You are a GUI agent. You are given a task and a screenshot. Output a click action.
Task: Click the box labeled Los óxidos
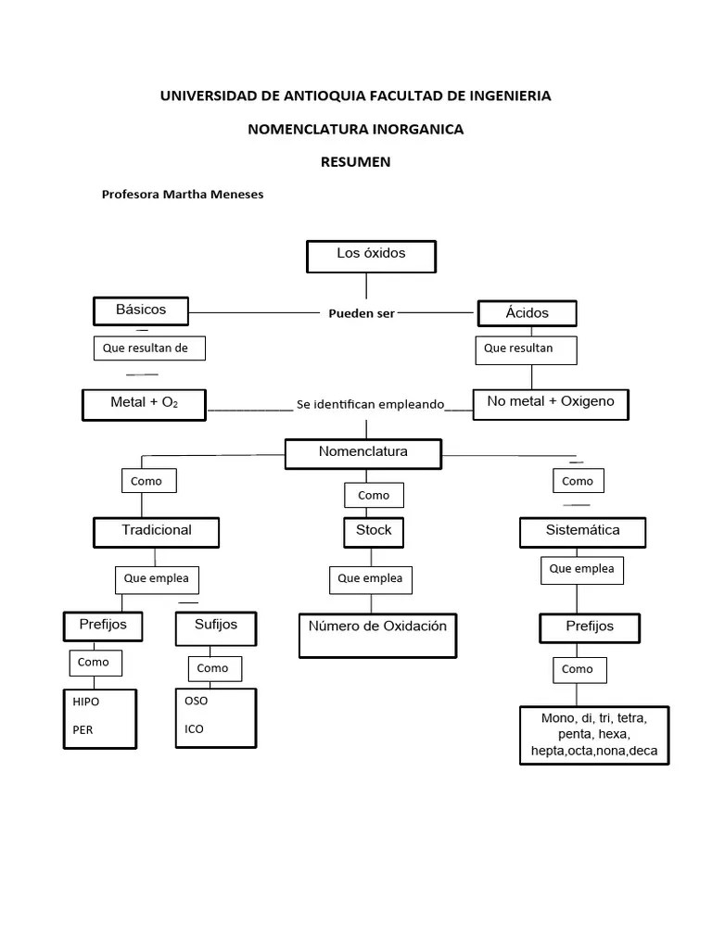[x=371, y=256]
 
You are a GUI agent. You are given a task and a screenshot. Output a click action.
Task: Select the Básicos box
[x=141, y=310]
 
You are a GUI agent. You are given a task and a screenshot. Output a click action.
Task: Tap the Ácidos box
[x=527, y=313]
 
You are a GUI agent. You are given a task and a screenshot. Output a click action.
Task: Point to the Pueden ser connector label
[x=362, y=313]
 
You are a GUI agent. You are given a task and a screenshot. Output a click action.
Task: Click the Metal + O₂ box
[x=144, y=404]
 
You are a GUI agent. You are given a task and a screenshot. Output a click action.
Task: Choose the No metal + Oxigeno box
[x=550, y=404]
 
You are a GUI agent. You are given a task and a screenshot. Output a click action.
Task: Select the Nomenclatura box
[x=363, y=453]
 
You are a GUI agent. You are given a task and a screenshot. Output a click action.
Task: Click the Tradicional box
[x=156, y=531]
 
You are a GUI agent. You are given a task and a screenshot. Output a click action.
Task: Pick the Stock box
[x=374, y=531]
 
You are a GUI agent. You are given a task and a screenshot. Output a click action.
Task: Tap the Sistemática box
[x=582, y=532]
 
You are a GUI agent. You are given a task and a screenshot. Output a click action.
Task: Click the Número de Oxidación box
[x=377, y=634]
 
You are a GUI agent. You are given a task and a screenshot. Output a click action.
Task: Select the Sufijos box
[x=215, y=626]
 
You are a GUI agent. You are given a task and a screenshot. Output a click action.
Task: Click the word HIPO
[x=86, y=702]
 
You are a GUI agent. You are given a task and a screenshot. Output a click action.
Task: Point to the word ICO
[x=194, y=728]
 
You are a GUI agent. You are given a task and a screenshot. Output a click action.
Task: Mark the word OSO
[x=197, y=701]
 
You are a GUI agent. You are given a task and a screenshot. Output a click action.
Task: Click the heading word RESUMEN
[x=355, y=161]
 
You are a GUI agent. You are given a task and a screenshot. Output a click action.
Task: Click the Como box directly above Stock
[x=374, y=496]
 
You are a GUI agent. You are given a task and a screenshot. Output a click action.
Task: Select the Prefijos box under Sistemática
[x=590, y=627]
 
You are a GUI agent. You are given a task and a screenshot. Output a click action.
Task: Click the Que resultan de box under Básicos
[x=148, y=348]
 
